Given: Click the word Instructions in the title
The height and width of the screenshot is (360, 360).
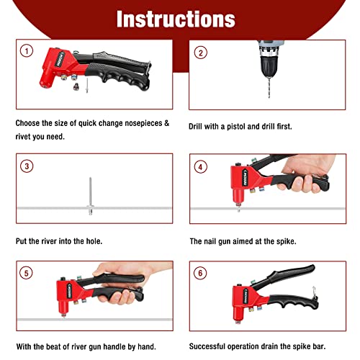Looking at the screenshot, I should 176,18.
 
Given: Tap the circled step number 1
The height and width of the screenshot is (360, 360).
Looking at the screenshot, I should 27,52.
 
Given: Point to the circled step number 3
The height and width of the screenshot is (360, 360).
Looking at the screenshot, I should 27,166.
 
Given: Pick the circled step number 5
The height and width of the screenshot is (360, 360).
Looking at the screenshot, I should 27,274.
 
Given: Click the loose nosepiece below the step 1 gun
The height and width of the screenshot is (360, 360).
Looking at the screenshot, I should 75,84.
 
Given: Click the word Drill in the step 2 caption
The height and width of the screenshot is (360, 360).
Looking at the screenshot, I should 197,125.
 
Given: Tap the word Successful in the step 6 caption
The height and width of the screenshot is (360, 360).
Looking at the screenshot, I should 212,347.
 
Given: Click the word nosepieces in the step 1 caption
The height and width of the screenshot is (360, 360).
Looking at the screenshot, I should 144,123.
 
